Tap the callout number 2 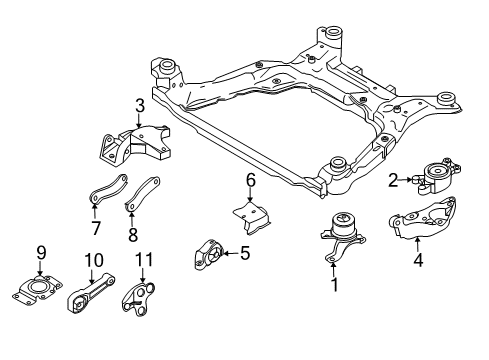click(394, 180)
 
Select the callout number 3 click(141, 106)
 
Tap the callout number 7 click(95, 228)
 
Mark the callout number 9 click(41, 252)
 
